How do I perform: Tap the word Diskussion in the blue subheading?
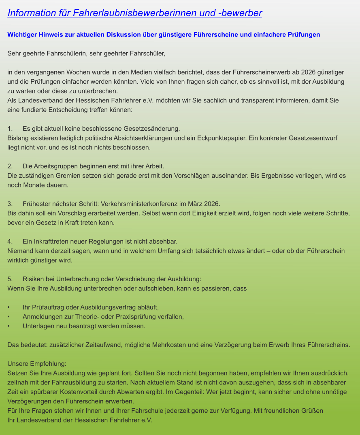pyautogui.click(x=123, y=35)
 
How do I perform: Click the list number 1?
pyautogui.click(x=9, y=129)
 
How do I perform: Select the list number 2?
pyautogui.click(x=9, y=167)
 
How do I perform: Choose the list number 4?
pyautogui.click(x=9, y=242)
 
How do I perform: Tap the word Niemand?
pyautogui.click(x=19, y=251)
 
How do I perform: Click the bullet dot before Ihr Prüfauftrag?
pyautogui.click(x=9, y=307)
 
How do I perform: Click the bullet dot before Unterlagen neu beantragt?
pyautogui.click(x=9, y=326)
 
